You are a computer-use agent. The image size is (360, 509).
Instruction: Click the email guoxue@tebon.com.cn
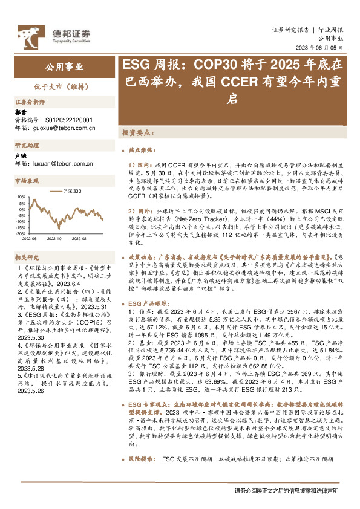(63, 128)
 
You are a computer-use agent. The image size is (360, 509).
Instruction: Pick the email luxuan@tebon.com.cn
(61, 163)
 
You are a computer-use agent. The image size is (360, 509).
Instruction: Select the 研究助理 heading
(27, 146)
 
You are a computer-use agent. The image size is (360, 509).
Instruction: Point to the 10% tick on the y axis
(21, 196)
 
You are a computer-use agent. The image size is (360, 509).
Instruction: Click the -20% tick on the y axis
(21, 233)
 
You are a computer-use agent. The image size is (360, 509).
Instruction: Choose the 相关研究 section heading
(27, 257)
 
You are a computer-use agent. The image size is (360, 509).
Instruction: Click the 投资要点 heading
(137, 132)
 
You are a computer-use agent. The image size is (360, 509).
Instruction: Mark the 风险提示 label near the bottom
(143, 477)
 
